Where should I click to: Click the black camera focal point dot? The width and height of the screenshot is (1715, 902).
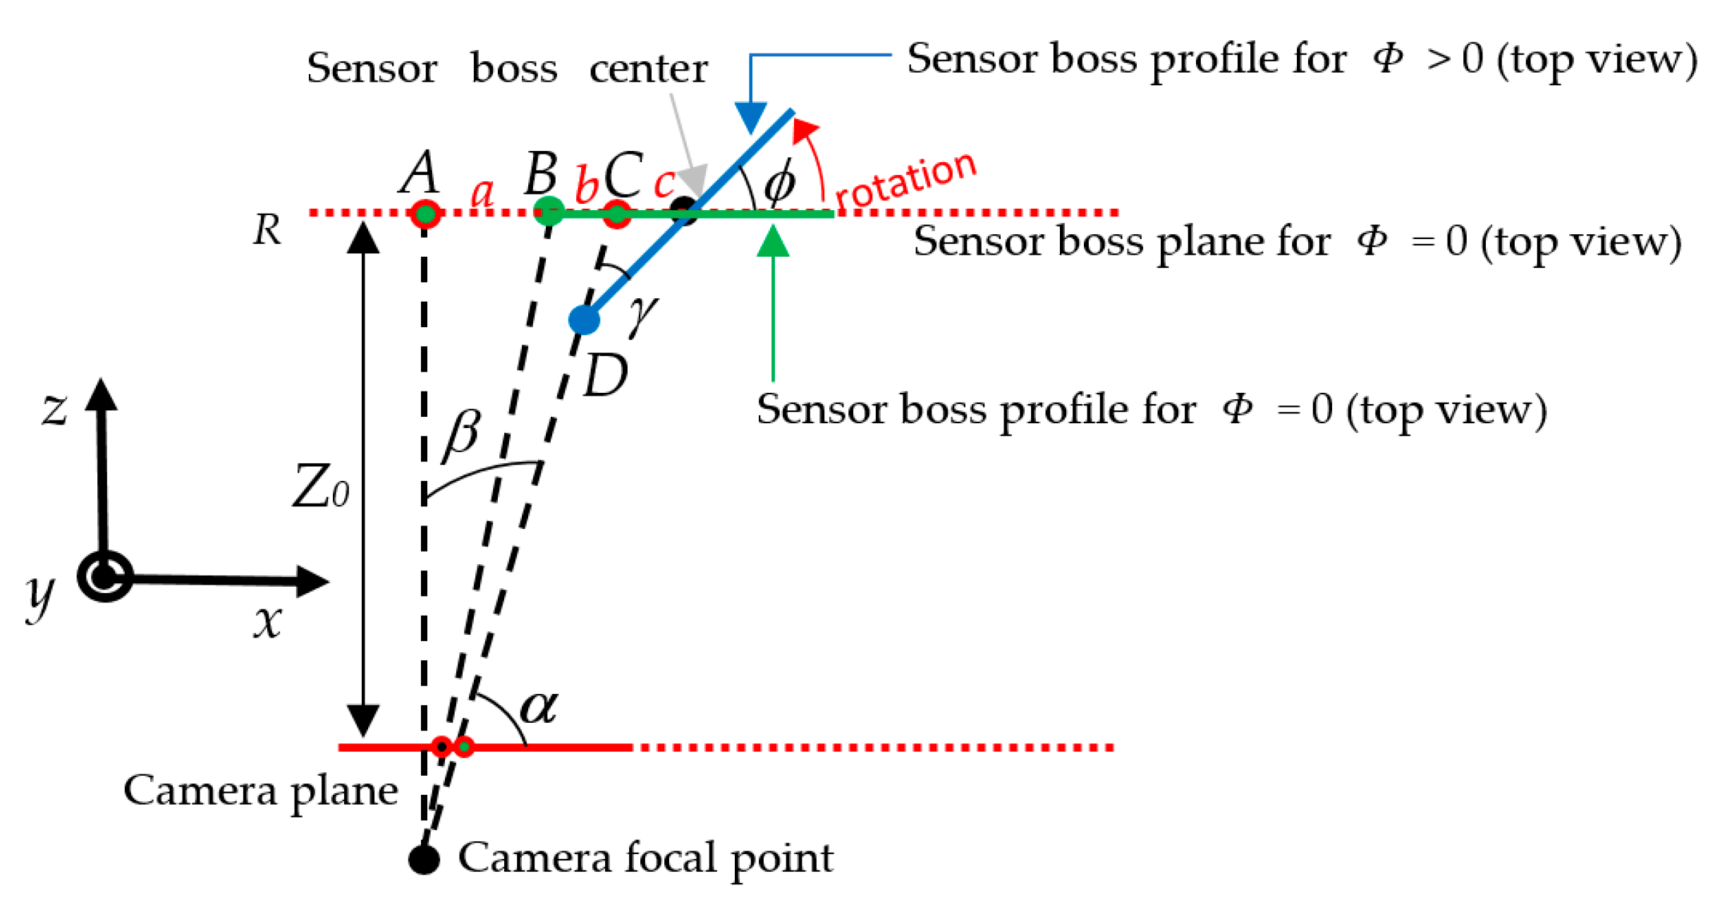point(425,858)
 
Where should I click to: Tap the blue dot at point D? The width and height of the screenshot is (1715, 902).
point(584,319)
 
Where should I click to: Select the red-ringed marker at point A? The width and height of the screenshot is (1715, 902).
point(425,213)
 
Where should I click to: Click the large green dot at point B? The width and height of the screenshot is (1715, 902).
point(549,211)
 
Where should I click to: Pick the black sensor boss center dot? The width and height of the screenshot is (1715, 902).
point(683,210)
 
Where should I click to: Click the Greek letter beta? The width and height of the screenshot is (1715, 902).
point(462,434)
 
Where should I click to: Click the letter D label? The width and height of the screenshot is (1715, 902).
point(606,376)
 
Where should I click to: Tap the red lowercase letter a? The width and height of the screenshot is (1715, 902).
point(482,193)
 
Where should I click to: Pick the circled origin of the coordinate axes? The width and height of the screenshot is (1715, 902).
point(105,576)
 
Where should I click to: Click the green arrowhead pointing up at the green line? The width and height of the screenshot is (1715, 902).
point(773,241)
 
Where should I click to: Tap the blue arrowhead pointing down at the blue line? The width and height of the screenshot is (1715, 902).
point(751,117)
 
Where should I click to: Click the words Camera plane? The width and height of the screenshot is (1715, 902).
point(260,791)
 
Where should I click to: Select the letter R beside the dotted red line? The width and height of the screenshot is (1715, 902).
point(267,229)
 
